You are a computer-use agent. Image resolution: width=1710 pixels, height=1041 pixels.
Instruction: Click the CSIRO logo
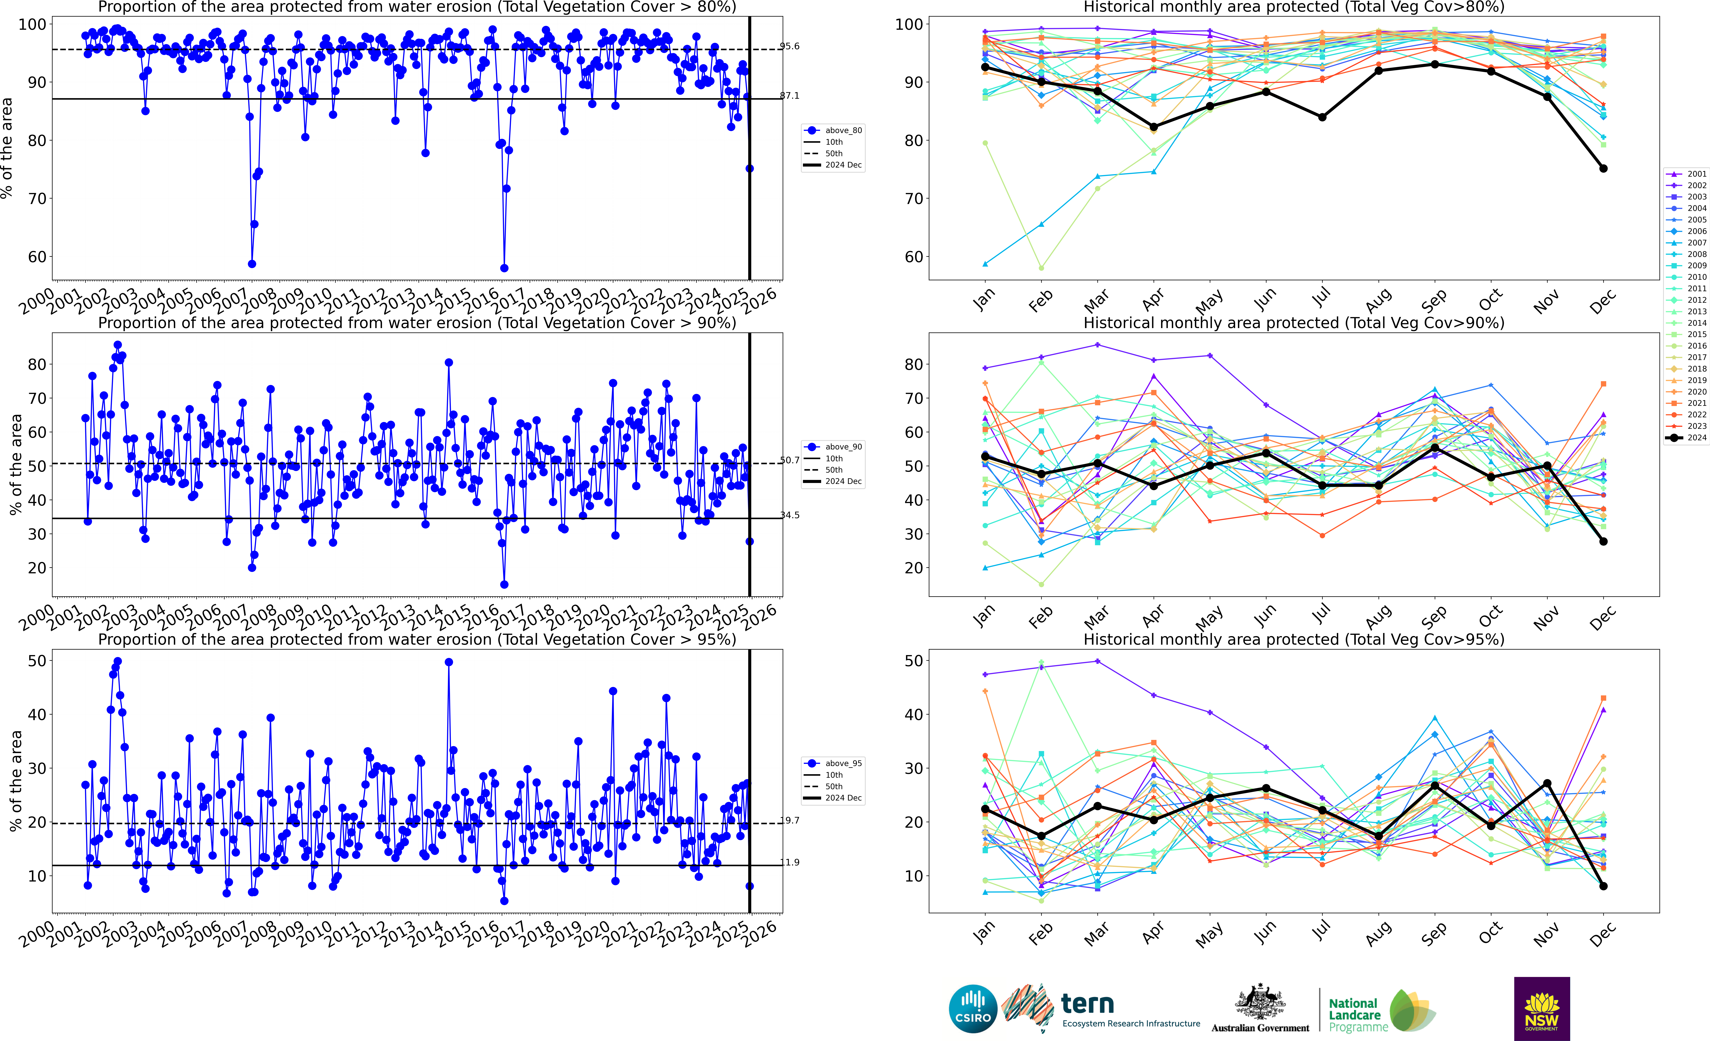pos(972,1008)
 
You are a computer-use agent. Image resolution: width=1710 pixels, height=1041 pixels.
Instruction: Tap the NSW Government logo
pos(1541,1008)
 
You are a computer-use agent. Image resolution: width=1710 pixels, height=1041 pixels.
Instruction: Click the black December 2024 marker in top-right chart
pos(1603,169)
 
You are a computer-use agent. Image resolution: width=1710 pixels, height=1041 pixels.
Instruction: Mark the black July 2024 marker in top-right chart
pos(1322,117)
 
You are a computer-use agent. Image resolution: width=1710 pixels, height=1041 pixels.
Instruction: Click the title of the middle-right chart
pos(1294,323)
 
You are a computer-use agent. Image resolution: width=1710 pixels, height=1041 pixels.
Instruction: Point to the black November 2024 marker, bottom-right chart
pos(1547,784)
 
